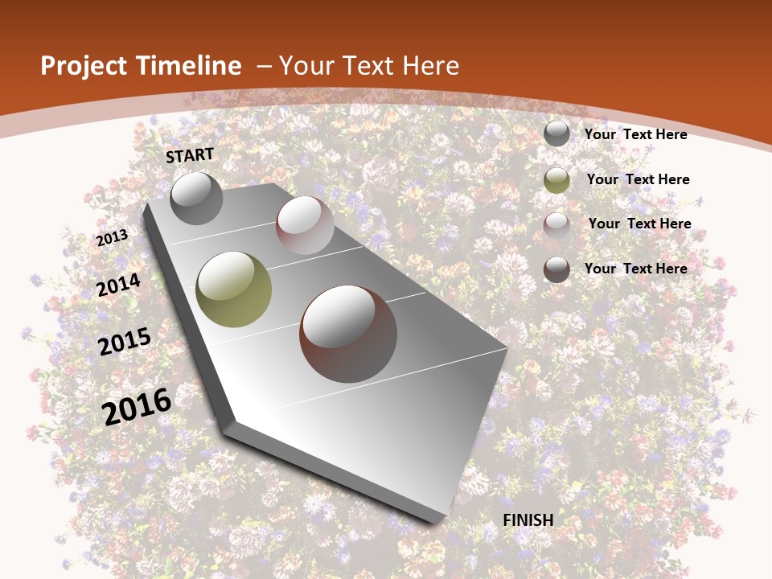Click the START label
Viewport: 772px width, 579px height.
190,155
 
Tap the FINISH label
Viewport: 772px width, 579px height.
528,520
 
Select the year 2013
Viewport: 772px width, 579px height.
113,237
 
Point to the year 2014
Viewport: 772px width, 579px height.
119,285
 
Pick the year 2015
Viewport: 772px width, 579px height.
125,342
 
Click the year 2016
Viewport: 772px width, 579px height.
137,407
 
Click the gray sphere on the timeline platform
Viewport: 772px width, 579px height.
196,198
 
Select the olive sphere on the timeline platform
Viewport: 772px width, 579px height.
234,289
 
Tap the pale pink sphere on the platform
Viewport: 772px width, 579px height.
305,225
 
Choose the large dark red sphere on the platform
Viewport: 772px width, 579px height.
348,334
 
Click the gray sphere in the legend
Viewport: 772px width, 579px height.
556,134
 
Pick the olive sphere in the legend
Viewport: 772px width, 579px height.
556,180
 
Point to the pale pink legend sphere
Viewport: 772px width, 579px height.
556,225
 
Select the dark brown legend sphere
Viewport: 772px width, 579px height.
556,269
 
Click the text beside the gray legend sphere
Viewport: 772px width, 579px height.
635,134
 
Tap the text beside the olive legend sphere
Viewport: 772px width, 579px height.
638,179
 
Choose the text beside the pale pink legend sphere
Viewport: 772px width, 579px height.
639,224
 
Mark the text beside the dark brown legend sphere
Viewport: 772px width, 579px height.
635,269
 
